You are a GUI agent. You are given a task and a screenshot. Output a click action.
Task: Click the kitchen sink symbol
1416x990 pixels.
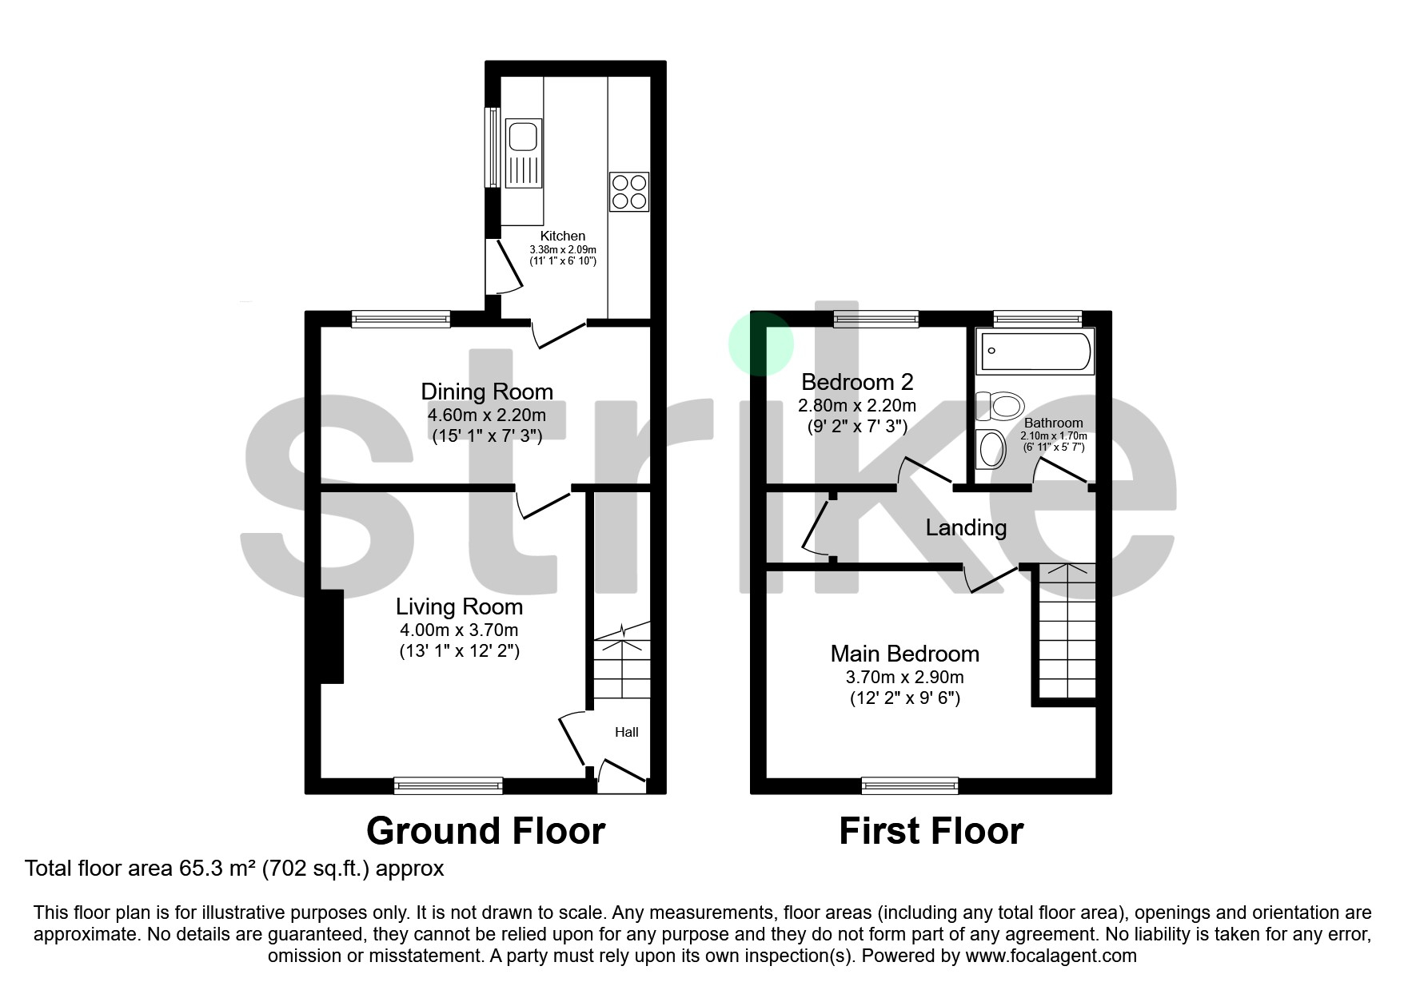coord(524,152)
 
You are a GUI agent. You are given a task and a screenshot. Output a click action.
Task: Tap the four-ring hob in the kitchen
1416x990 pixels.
coord(628,192)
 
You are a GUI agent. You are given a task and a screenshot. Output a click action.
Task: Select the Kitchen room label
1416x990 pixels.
coord(563,236)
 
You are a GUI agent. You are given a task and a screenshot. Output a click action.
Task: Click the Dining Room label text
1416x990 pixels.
coord(487,392)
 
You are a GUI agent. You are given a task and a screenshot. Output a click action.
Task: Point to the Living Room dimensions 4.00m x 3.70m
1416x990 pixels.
coord(459,630)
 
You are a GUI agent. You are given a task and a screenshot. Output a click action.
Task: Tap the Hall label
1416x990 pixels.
coord(626,732)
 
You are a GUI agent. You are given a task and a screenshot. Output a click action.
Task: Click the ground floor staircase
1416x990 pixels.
coord(621,663)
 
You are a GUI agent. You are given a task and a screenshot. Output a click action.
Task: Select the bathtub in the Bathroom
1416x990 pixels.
coord(1035,350)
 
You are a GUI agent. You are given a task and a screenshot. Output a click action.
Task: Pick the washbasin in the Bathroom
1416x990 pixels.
coord(992,449)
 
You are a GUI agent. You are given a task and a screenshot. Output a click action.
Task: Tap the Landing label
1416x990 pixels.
coord(966,527)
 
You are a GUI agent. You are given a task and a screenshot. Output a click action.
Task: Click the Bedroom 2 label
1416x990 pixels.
coord(857,382)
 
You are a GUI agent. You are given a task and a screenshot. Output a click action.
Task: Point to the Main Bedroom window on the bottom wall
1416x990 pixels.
coord(910,785)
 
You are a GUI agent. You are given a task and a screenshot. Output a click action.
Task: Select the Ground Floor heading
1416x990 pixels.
coord(485,831)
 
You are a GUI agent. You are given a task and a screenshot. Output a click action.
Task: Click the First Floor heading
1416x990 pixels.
coord(931,831)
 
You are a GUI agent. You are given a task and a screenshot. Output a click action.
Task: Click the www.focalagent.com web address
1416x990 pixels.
coord(1051,956)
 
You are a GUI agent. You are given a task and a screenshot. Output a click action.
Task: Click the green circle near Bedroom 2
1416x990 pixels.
coord(760,344)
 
